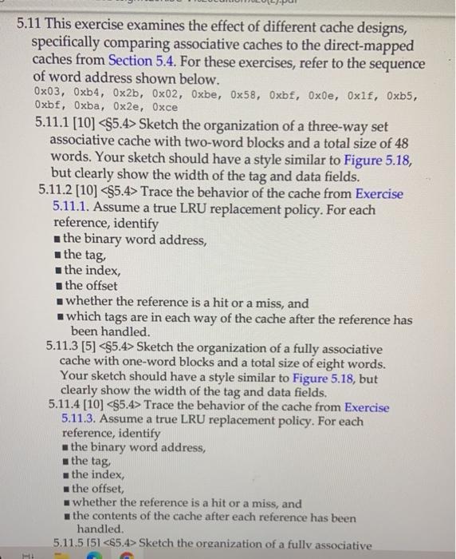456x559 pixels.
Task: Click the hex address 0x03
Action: point(46,93)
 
